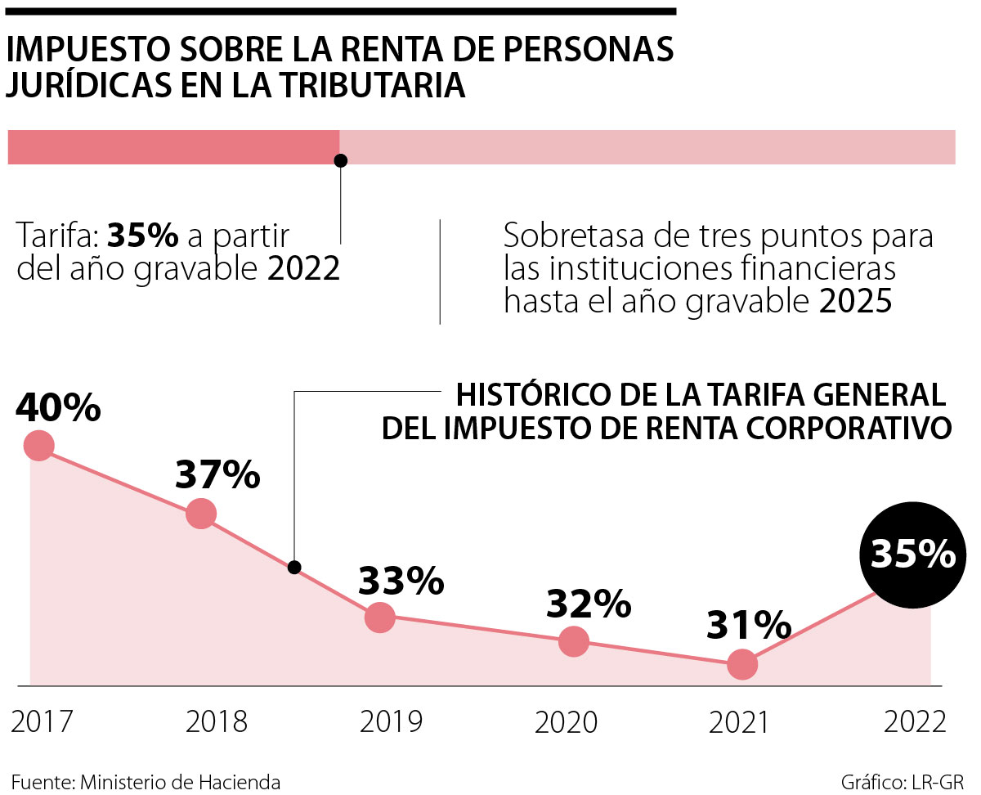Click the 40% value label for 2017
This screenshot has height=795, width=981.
(58, 408)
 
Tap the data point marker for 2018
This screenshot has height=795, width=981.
(200, 514)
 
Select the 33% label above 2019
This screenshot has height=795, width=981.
(401, 581)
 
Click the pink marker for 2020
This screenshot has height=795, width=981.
(574, 641)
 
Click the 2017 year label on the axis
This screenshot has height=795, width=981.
(43, 722)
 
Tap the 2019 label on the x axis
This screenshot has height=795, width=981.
(392, 722)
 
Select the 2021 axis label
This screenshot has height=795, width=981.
(740, 722)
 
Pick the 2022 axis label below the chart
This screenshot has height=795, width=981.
(915, 722)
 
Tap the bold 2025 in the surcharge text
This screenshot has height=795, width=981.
(854, 302)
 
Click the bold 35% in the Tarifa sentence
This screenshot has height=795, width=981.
(143, 236)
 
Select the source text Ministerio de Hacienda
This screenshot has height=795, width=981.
(180, 781)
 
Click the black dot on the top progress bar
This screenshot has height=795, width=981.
(341, 160)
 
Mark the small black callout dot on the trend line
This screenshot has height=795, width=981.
(295, 567)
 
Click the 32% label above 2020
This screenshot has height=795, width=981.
(589, 604)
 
